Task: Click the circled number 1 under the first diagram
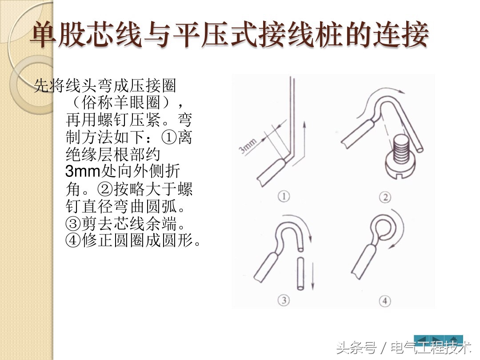(x=284, y=196)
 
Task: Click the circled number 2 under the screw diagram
(x=384, y=196)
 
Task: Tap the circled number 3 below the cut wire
(x=284, y=300)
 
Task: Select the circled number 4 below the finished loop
(x=384, y=301)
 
